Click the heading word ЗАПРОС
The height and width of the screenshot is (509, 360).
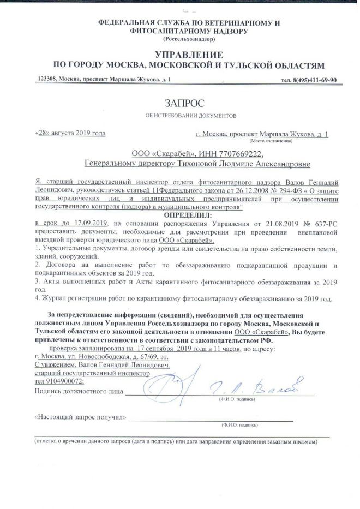179,101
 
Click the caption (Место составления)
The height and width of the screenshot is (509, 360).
307,140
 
